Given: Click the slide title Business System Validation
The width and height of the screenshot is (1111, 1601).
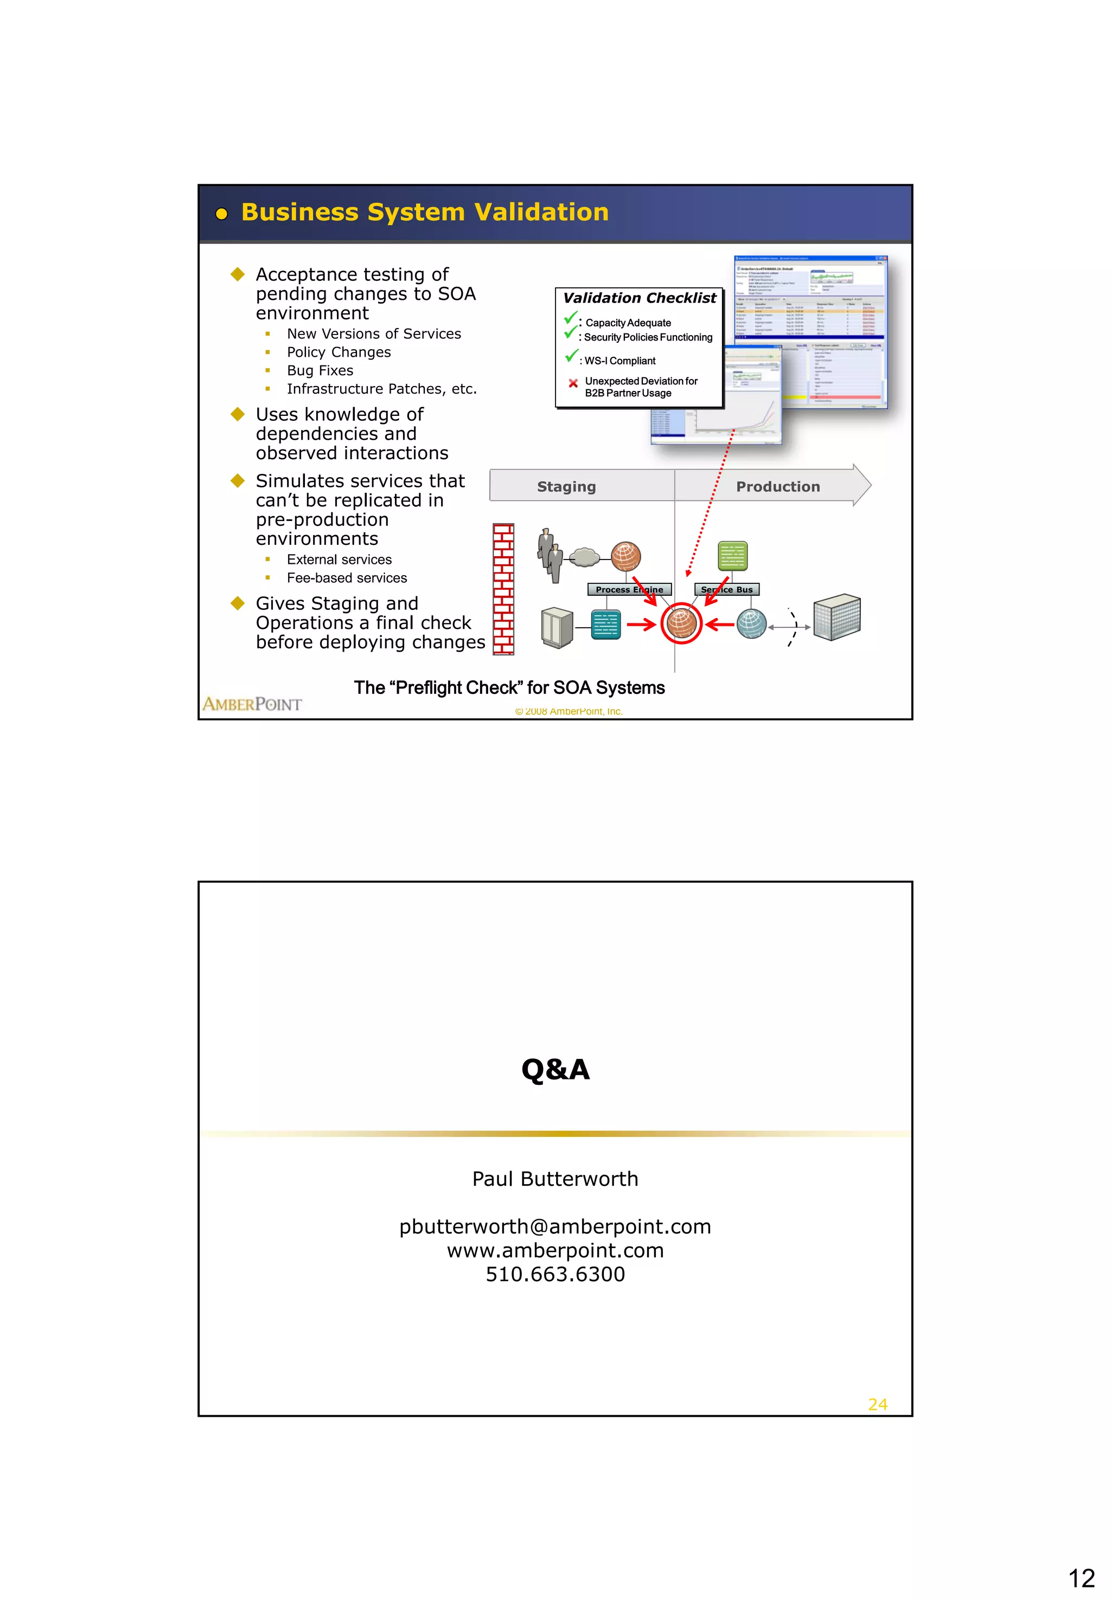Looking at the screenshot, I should [x=425, y=212].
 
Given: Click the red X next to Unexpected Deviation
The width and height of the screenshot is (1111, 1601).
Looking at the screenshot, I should [x=573, y=383].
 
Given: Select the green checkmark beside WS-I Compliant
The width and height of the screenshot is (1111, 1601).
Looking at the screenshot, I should [x=571, y=357].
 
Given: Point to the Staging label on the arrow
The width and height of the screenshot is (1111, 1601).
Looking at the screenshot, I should [x=566, y=487].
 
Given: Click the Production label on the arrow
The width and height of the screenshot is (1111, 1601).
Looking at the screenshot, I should [x=777, y=487].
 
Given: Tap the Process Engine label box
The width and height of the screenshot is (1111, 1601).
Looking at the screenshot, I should [x=629, y=590].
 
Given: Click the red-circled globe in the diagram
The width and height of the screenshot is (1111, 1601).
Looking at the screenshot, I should [x=681, y=623].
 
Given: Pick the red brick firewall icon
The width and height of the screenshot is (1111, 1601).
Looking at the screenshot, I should [x=503, y=589].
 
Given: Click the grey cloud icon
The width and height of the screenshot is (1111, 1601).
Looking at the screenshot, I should [x=584, y=557].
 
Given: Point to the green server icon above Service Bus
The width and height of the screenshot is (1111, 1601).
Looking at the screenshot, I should [x=732, y=556].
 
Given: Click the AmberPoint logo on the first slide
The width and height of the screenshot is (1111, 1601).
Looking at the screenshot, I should [x=252, y=704].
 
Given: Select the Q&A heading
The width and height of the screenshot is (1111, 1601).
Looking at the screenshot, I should [x=555, y=1070].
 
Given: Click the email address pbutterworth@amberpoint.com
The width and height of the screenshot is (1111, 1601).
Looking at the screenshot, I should [x=555, y=1227].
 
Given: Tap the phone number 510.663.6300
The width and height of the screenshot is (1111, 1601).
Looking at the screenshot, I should [x=555, y=1275].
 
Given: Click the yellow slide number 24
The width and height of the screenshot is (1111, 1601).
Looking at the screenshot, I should [x=877, y=1405].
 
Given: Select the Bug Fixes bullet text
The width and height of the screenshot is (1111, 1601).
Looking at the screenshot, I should [x=320, y=371].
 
